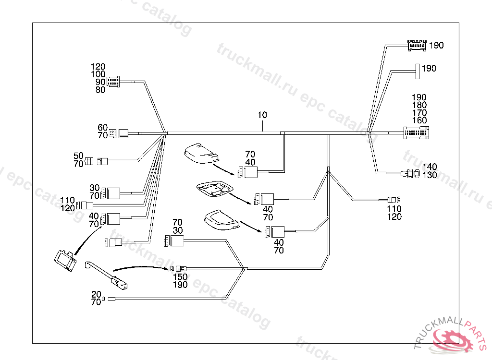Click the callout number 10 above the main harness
tap(262, 115)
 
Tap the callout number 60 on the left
tap(102, 128)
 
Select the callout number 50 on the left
tap(78, 156)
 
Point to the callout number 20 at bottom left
tap(96, 294)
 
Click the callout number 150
tap(180, 277)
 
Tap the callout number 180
tap(419, 105)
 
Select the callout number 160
tap(419, 120)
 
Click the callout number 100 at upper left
tap(98, 74)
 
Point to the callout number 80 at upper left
tap(100, 90)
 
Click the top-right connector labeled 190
tap(417, 46)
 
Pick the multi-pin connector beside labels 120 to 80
tap(113, 82)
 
